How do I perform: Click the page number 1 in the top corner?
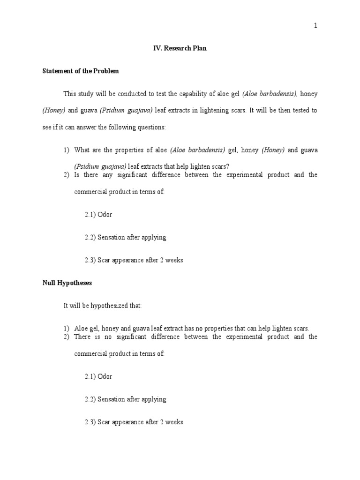click(x=315, y=26)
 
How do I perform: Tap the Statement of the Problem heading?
click(x=81, y=71)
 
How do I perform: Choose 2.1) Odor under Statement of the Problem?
click(x=98, y=215)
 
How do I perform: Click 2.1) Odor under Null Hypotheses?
click(x=98, y=376)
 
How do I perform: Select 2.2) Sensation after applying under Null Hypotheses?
click(x=126, y=399)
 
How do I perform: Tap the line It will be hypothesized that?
click(x=102, y=306)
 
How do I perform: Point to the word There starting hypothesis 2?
click(x=83, y=337)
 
